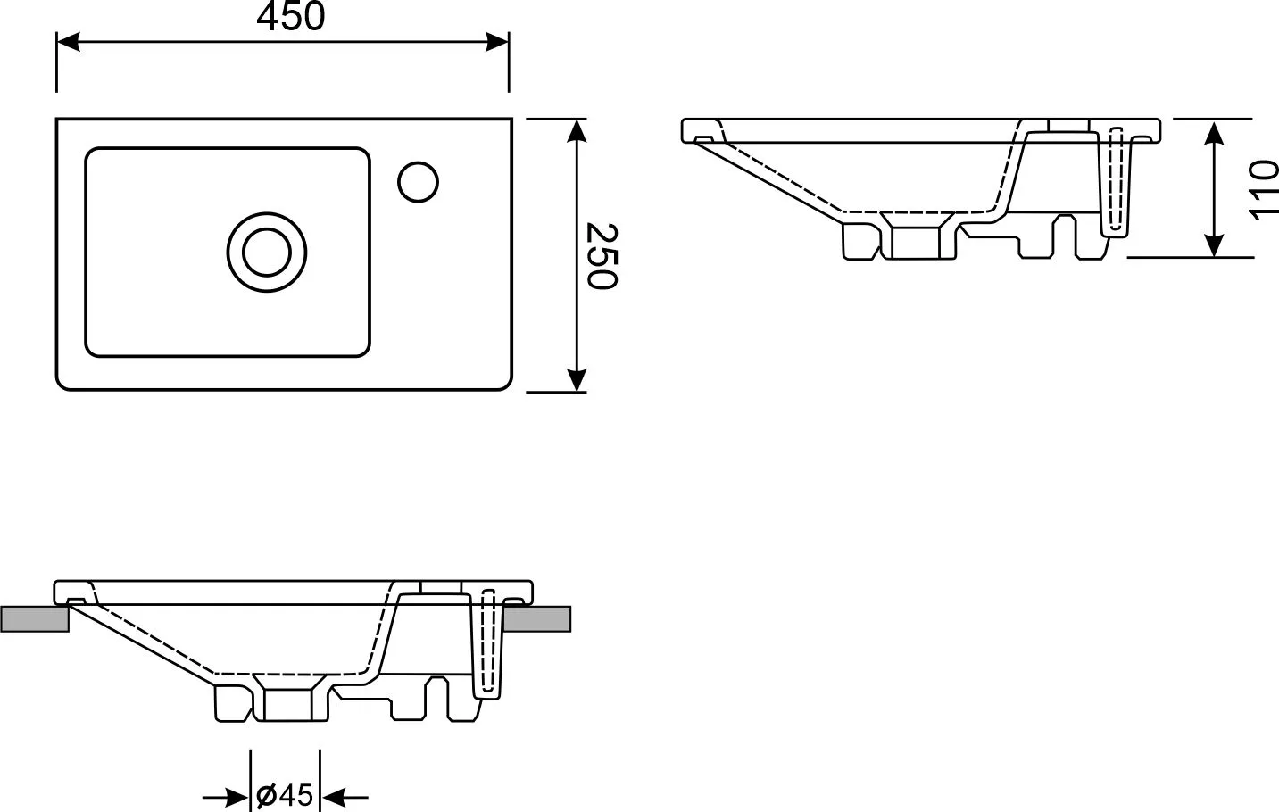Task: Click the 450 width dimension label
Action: [x=291, y=16]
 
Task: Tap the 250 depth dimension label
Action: [x=602, y=256]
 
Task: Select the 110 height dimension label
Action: [x=1262, y=190]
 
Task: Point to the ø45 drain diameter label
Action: [x=285, y=795]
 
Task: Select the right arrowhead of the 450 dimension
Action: [x=497, y=42]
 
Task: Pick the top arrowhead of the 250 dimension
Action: [x=577, y=131]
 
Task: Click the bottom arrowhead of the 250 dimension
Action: [x=577, y=380]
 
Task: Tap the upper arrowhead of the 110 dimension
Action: [x=1213, y=132]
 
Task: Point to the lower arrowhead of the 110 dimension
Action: [x=1213, y=245]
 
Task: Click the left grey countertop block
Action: [x=35, y=619]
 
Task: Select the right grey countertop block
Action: [x=537, y=619]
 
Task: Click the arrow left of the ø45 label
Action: [x=226, y=797]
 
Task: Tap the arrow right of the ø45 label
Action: [x=345, y=797]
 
